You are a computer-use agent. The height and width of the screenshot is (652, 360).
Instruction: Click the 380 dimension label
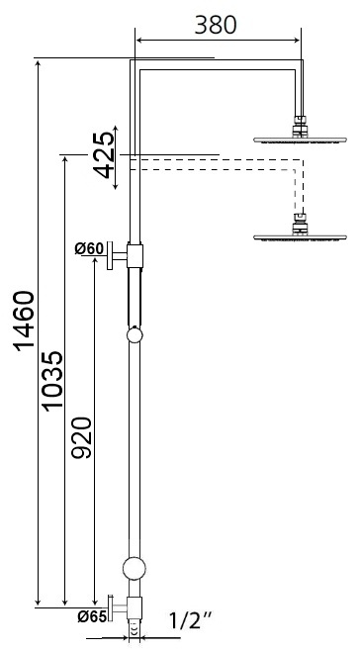tap(215, 25)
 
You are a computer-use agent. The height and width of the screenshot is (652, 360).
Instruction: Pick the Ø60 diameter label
tap(89, 248)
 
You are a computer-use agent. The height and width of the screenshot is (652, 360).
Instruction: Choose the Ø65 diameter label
tap(92, 615)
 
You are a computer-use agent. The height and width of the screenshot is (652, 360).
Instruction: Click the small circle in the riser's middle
tap(135, 335)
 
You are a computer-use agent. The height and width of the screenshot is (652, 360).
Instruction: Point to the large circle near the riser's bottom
tap(135, 568)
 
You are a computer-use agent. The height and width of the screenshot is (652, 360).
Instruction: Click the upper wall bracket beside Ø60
tap(124, 254)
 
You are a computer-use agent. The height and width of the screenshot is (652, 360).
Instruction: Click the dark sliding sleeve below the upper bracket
tap(135, 295)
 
